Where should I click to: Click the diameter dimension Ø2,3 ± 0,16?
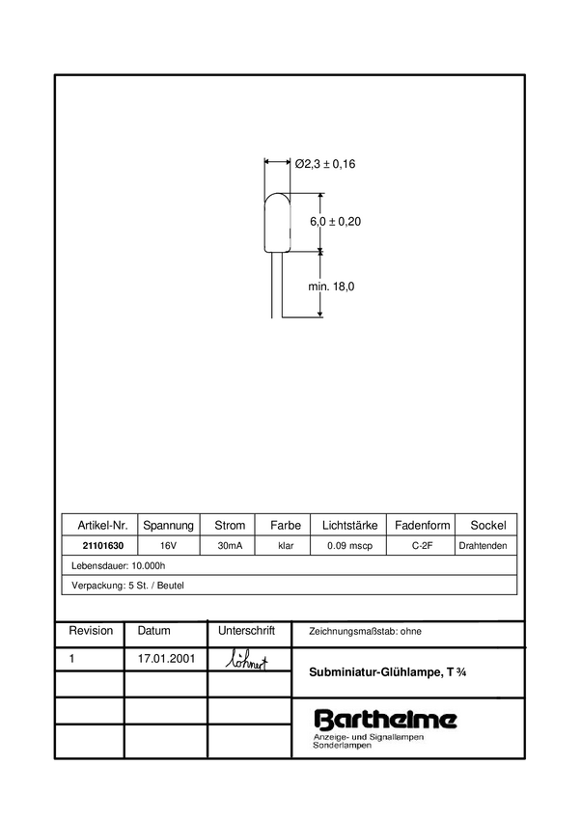click(x=324, y=164)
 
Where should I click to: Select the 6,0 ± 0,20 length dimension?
click(x=335, y=222)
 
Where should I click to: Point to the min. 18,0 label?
click(x=332, y=287)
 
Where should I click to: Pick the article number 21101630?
click(x=102, y=546)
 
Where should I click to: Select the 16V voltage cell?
click(x=169, y=546)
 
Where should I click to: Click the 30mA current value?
click(x=230, y=546)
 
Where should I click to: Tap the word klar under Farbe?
click(x=286, y=546)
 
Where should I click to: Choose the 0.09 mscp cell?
click(x=349, y=546)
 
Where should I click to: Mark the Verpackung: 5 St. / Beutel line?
click(x=128, y=586)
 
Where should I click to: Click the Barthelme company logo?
click(x=386, y=719)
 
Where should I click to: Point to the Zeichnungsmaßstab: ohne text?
click(x=365, y=632)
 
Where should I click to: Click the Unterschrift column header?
click(x=247, y=631)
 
